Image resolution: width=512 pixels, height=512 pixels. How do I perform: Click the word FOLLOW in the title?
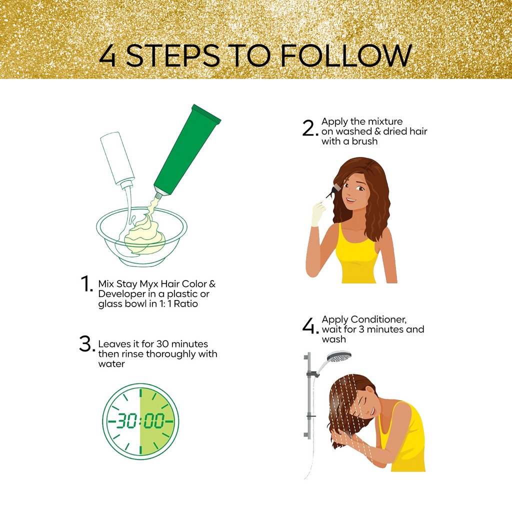[346, 55]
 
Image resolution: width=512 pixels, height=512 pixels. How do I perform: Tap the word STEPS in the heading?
[173, 56]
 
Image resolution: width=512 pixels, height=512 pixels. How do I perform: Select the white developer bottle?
[117, 159]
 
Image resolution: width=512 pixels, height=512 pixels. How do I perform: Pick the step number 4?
[310, 326]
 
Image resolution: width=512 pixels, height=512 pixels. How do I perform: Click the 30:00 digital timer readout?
[140, 421]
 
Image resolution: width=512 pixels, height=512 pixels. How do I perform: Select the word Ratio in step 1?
[186, 303]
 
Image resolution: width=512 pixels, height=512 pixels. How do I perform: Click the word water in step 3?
[111, 364]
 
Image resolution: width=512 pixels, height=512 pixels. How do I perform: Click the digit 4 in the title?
[108, 56]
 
